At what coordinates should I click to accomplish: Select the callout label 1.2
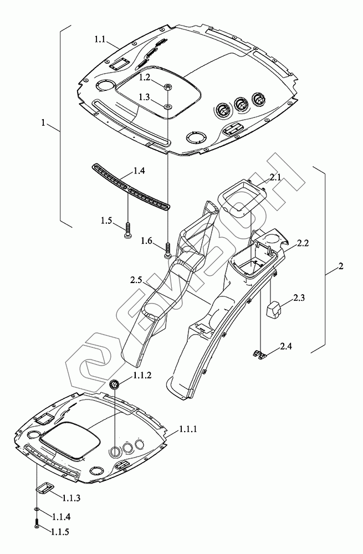[x=145, y=76]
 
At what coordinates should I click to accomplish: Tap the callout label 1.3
[x=145, y=96]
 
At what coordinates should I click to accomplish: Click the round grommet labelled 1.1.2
[x=114, y=384]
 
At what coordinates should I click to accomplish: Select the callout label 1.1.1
[x=189, y=430]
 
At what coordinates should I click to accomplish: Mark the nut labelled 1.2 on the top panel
[x=167, y=86]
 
